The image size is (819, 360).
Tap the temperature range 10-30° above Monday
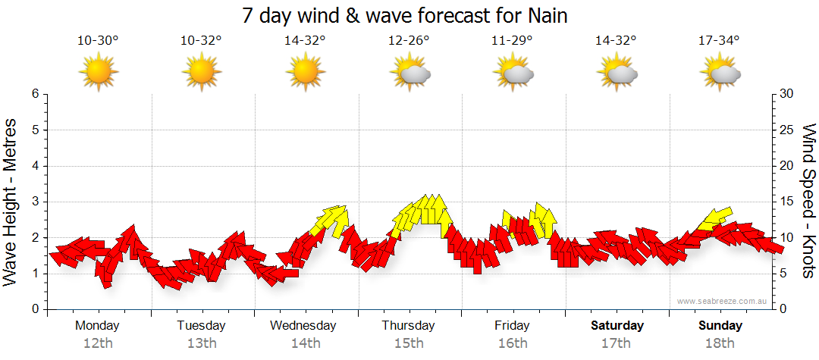98,41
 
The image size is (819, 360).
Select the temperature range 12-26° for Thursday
409,41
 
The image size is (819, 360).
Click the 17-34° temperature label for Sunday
720,41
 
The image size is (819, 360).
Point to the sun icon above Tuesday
201,73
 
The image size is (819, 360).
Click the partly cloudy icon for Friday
513,73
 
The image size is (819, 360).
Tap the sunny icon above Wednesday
305,73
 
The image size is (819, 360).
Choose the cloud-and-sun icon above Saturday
617,73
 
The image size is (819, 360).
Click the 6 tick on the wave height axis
34,94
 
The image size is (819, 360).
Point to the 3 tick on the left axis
34,202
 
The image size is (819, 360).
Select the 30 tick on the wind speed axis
787,94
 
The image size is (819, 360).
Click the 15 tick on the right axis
787,202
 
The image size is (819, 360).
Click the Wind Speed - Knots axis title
808,202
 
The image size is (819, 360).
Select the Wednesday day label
303,326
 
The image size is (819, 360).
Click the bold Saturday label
617,326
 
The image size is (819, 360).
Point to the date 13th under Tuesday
201,343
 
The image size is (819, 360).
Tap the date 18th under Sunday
720,343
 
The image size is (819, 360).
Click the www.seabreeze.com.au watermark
723,301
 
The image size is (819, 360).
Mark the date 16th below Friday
513,343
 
